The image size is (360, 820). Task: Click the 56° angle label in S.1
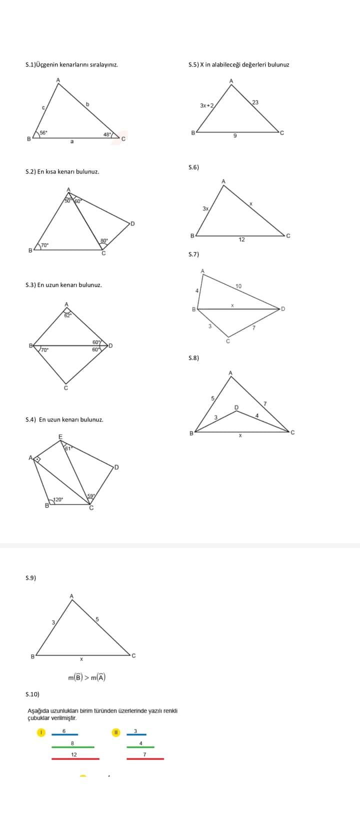(x=43, y=132)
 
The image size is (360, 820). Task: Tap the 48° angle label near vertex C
(x=107, y=134)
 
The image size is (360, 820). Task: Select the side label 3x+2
(x=206, y=105)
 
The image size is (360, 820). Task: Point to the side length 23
(x=255, y=102)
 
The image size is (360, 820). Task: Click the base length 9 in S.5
(x=235, y=136)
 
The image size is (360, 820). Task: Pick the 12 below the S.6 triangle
(x=241, y=239)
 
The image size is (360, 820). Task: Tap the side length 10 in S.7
(x=238, y=286)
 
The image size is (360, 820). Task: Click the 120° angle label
(x=58, y=499)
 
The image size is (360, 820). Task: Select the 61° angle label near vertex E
(x=68, y=448)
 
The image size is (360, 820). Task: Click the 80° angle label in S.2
(x=104, y=241)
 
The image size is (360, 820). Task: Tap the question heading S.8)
(x=193, y=358)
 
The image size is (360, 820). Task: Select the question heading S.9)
(x=30, y=578)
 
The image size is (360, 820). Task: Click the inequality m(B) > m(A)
(x=86, y=678)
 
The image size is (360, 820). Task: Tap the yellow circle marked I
(x=41, y=732)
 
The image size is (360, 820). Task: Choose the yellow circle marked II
(x=115, y=732)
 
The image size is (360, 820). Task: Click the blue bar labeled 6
(x=64, y=734)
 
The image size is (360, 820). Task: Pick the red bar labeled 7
(x=145, y=759)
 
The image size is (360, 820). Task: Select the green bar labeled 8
(x=73, y=747)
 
